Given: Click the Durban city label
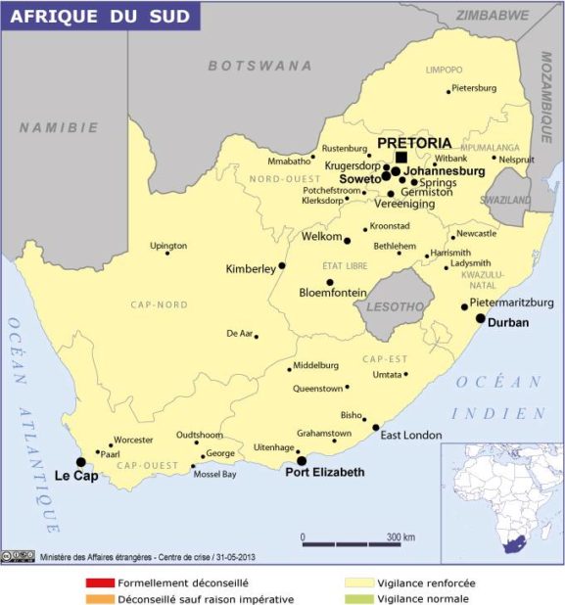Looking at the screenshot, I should point(508,322).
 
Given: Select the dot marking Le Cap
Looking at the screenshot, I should point(80,462).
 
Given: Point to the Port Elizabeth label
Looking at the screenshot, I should point(324,472).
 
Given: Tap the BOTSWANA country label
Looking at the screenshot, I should point(259,66).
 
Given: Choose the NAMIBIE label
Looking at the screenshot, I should point(59,127).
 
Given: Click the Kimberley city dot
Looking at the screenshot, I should point(282,265).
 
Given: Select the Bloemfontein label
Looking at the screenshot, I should point(333,293).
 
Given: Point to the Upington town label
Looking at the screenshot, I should point(167,245).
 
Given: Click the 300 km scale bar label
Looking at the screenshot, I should point(400,537).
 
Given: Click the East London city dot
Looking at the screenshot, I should point(375,427).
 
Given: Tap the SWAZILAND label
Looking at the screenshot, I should point(505,199).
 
